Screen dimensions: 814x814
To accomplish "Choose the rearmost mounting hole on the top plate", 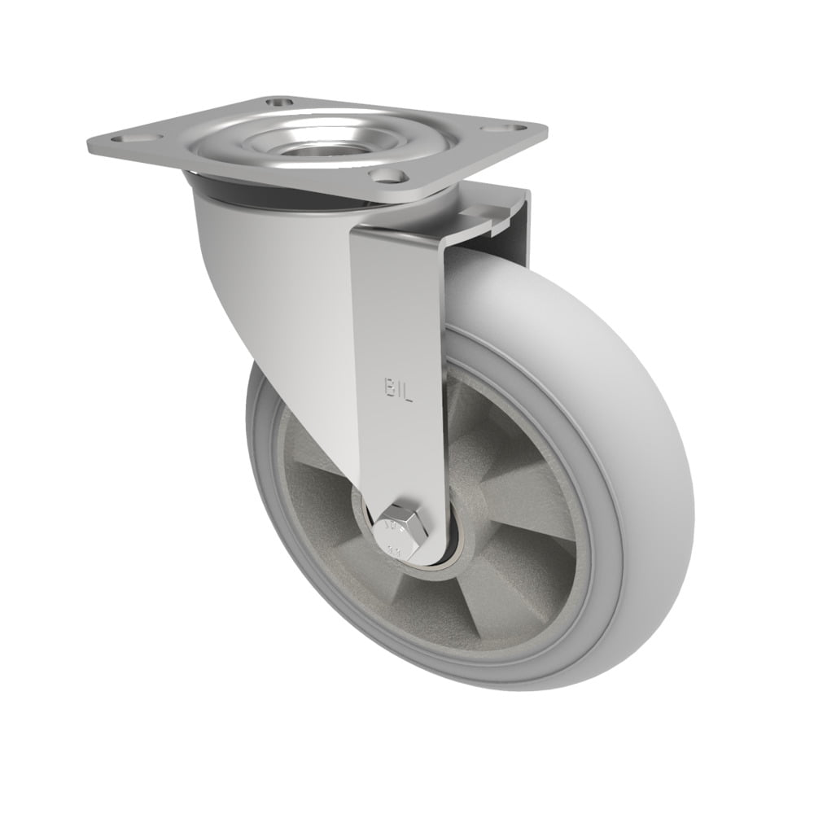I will tap(277, 103).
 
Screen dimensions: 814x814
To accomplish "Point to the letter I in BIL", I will tap(400, 392).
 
